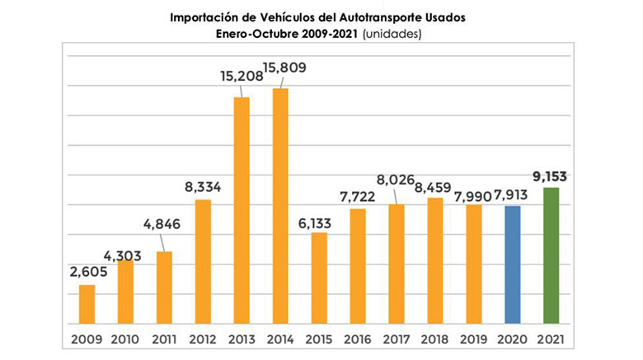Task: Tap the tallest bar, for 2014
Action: [x=280, y=205]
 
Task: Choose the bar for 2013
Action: [x=242, y=209]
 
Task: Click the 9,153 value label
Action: [x=551, y=175]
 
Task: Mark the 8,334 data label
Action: [x=203, y=186]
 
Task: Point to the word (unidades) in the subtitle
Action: [x=393, y=35]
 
